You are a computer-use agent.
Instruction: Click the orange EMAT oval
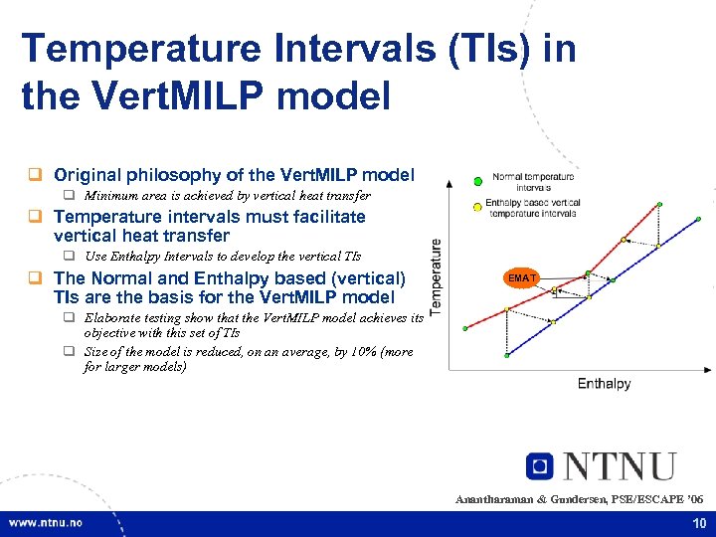522,278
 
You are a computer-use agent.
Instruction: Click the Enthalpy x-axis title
604,384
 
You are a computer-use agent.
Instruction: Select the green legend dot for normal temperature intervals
477,180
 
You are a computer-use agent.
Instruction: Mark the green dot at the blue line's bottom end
507,355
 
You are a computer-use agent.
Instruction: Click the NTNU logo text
619,466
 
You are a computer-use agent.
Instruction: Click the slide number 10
697,523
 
